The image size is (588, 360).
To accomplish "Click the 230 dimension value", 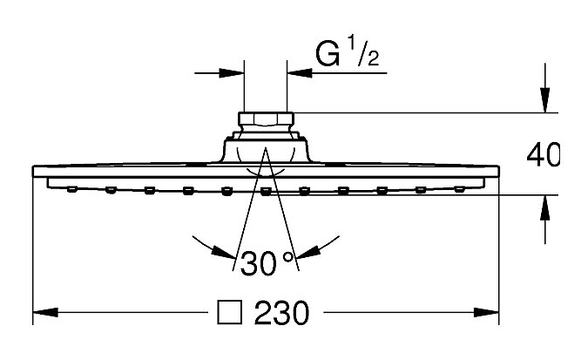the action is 281,313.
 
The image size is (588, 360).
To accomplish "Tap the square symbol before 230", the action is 229,312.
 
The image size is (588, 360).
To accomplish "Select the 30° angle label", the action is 267,262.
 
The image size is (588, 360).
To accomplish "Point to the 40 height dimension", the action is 543,154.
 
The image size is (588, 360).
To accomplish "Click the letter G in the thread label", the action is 328,54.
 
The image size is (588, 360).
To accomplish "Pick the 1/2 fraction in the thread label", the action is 364,51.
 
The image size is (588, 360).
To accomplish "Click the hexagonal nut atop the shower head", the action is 267,119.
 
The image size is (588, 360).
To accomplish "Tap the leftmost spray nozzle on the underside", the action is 72,189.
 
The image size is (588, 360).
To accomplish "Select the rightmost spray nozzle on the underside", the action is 460,189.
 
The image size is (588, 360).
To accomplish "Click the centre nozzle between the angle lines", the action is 266,192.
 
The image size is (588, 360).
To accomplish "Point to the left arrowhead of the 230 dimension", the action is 45,312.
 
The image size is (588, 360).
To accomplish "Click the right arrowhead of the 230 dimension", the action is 486,312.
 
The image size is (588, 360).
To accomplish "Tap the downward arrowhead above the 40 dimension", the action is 545,100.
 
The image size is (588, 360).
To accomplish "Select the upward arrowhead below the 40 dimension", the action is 545,208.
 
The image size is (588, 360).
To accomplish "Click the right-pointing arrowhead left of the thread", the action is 232,73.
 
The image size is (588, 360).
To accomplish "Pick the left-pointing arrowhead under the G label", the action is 300,73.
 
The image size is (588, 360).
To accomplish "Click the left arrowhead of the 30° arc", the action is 224,252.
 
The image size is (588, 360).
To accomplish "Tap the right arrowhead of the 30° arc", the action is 308,252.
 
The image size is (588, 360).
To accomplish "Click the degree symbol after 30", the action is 288,257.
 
